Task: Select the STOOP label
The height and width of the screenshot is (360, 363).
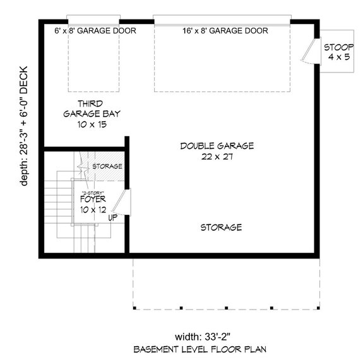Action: click(338, 47)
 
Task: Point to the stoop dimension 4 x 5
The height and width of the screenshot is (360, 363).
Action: click(338, 57)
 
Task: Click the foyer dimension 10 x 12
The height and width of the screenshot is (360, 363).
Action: click(93, 209)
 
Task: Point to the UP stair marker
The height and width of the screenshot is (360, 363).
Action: click(113, 218)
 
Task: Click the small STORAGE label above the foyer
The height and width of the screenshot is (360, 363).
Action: click(107, 166)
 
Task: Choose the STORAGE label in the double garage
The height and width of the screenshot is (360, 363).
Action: click(221, 227)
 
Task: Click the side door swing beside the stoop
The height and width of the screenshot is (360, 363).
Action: click(308, 49)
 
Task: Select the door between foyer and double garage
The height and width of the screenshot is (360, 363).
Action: click(126, 202)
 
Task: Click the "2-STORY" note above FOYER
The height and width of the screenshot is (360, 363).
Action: click(92, 192)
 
